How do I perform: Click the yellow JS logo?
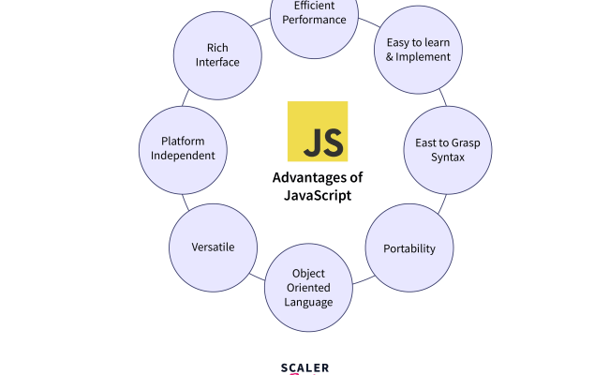317,131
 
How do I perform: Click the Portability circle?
408,248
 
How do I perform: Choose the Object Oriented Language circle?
308,287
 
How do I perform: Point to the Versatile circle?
214,247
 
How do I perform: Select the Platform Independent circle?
183,148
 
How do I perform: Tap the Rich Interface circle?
217,54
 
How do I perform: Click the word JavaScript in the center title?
317,195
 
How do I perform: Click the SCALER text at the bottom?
304,367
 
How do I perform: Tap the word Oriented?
308,288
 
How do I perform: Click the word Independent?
183,156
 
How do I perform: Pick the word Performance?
314,19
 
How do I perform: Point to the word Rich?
217,47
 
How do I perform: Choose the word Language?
308,302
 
